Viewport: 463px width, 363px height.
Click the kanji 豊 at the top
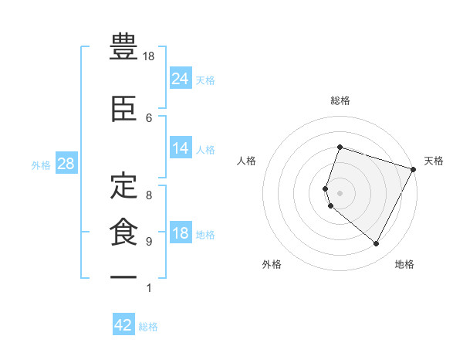click(123, 48)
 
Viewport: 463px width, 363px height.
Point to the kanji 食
click(123, 230)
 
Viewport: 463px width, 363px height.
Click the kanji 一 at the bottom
click(123, 276)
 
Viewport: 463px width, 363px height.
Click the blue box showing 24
click(181, 78)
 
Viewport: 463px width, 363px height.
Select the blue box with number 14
click(181, 148)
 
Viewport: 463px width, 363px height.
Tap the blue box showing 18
click(181, 233)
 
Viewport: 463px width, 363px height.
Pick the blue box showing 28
click(65, 164)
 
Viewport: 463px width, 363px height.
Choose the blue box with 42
click(123, 325)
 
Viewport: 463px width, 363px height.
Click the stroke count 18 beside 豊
click(150, 57)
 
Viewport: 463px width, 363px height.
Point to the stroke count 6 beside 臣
click(149, 117)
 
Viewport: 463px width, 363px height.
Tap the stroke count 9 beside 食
click(149, 241)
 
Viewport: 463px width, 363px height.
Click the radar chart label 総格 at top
click(340, 100)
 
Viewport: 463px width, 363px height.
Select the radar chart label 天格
click(434, 161)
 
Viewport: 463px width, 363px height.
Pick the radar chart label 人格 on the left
click(247, 161)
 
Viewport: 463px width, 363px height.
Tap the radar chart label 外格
click(271, 264)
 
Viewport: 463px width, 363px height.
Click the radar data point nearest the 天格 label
click(414, 169)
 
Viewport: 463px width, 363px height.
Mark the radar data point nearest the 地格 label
click(377, 244)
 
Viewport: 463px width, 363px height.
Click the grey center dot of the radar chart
click(340, 193)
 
